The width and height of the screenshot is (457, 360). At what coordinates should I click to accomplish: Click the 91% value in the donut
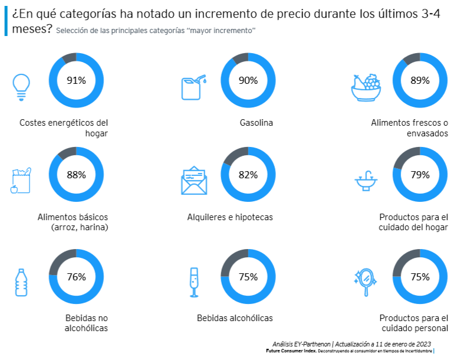point(76,80)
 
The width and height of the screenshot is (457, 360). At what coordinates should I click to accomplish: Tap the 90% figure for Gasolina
point(248,80)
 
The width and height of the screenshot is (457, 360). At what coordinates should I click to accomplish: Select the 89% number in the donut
point(420,80)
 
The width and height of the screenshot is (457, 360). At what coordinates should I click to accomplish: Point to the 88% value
point(76,175)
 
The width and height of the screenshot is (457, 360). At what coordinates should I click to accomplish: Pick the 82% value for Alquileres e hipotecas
point(248,175)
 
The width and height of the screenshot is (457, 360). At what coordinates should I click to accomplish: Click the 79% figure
point(420,175)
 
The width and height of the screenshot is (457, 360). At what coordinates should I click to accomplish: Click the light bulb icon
point(21,87)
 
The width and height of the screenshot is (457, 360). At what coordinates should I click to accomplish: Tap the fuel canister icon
point(192,87)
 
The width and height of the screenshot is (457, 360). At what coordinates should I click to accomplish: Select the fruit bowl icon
point(366,89)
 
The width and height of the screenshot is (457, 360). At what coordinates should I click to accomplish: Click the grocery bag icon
point(20,181)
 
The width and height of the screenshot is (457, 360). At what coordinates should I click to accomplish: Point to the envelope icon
point(194,181)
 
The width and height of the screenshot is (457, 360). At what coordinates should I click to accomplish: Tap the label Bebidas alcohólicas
point(235,318)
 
